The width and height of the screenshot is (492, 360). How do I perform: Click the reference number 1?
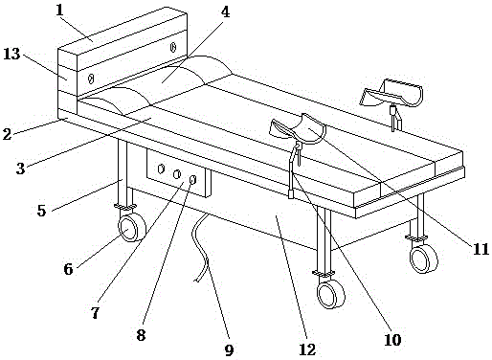point(59,11)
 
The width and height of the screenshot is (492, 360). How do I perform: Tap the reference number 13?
point(12,54)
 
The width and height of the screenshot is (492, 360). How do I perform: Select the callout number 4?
point(225,12)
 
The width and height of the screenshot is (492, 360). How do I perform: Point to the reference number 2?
point(7,134)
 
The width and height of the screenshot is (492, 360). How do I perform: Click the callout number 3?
point(20,169)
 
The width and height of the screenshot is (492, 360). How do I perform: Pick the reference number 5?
point(41,211)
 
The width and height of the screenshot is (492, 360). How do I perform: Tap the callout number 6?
point(68,269)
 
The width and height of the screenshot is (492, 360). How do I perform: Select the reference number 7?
point(95,313)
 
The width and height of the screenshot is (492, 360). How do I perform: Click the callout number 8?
point(141,335)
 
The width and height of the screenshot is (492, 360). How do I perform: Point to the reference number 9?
point(229,350)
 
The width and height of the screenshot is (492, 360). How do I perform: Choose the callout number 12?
point(307,349)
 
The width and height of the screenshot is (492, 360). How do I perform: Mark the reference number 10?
point(392,340)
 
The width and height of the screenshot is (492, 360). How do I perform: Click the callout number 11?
point(481,249)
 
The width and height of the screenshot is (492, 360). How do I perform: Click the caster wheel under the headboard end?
point(132,228)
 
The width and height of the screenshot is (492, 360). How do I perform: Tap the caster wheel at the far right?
point(424,259)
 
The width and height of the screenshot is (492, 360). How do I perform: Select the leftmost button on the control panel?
point(161,169)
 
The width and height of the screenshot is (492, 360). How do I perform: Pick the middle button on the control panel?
point(177,174)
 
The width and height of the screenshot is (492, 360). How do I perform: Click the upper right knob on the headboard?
point(173,47)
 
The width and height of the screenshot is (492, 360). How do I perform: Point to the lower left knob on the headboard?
point(91,79)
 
